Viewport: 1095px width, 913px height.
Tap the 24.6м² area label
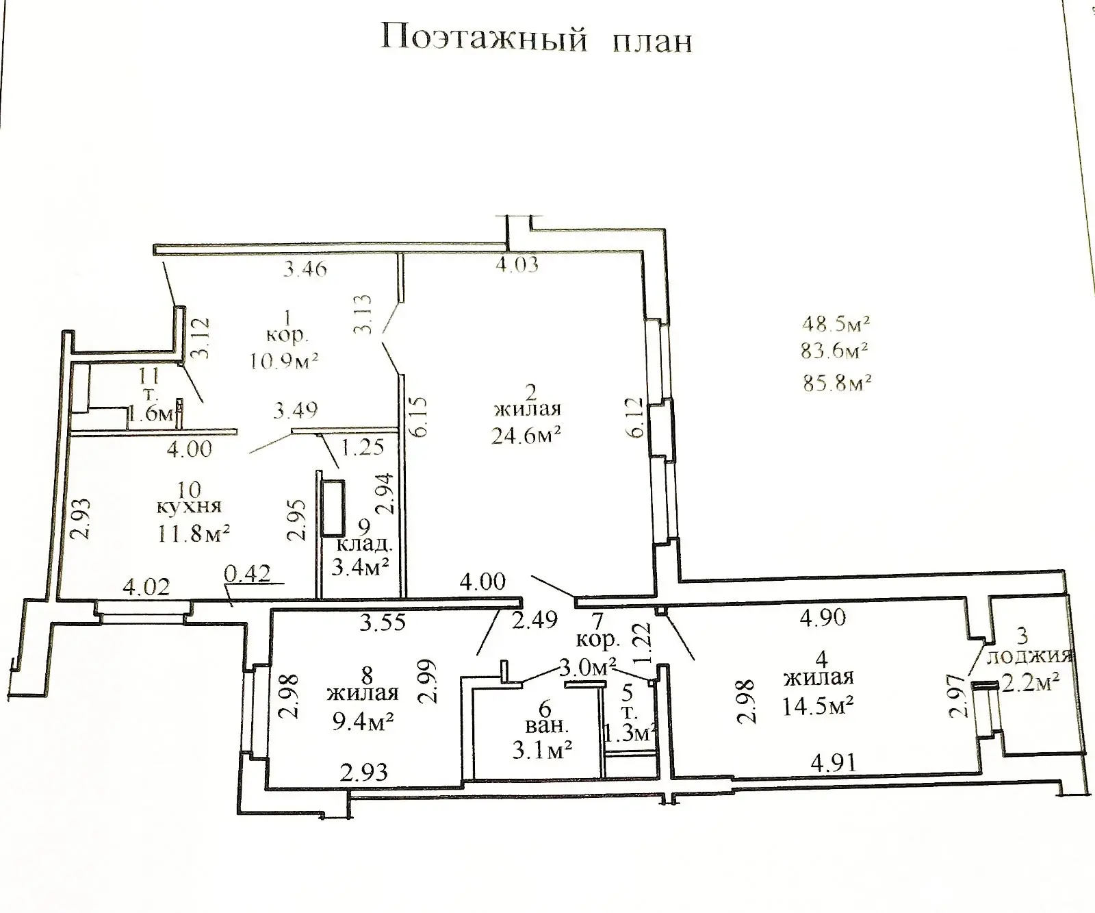coord(526,435)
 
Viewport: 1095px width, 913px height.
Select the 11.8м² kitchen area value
coord(194,533)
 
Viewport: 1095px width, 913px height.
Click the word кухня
coord(189,507)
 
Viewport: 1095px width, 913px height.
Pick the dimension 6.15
coord(420,416)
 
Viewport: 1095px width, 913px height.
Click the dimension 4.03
coord(516,265)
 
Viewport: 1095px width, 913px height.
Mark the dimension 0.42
coord(248,573)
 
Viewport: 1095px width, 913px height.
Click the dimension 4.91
coord(832,762)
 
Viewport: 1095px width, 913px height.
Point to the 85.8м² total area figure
coord(836,382)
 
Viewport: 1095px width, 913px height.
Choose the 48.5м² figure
coord(836,322)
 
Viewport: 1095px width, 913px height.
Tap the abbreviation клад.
coord(364,546)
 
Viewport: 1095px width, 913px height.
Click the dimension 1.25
coord(363,449)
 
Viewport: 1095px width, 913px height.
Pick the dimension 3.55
coord(383,622)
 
